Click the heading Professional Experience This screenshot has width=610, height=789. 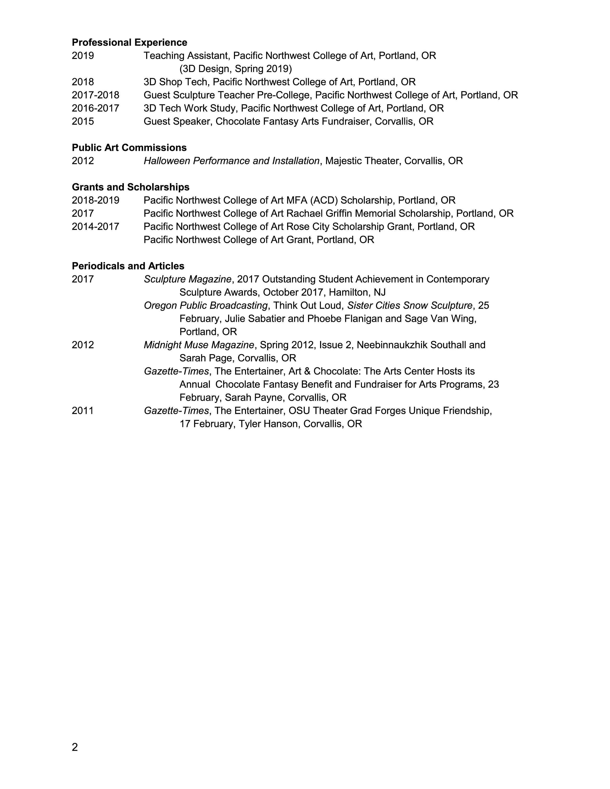129,43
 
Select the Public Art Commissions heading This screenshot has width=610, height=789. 129,148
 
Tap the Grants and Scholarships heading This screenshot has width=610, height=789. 130,187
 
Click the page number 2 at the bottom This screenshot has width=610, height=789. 75,747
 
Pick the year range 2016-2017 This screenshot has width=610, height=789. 95,108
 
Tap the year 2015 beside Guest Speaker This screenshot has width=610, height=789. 83,121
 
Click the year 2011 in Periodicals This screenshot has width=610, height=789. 83,411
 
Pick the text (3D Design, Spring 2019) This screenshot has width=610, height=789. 236,69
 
